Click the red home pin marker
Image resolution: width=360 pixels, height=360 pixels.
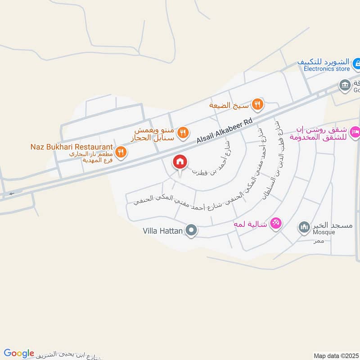click(x=180, y=162)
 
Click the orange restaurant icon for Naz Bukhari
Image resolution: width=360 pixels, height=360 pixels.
click(x=121, y=153)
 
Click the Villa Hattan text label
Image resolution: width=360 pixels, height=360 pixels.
click(x=162, y=231)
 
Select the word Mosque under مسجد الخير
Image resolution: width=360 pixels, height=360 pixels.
click(x=323, y=233)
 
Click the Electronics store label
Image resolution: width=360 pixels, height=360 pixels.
click(x=326, y=69)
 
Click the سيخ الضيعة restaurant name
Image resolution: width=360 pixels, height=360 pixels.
click(x=230, y=105)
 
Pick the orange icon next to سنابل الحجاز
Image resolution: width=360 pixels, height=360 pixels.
click(x=182, y=133)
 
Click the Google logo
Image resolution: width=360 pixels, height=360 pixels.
click(x=19, y=353)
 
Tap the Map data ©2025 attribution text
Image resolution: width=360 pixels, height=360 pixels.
click(x=336, y=355)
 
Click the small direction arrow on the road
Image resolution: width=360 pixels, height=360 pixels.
click(x=11, y=194)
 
